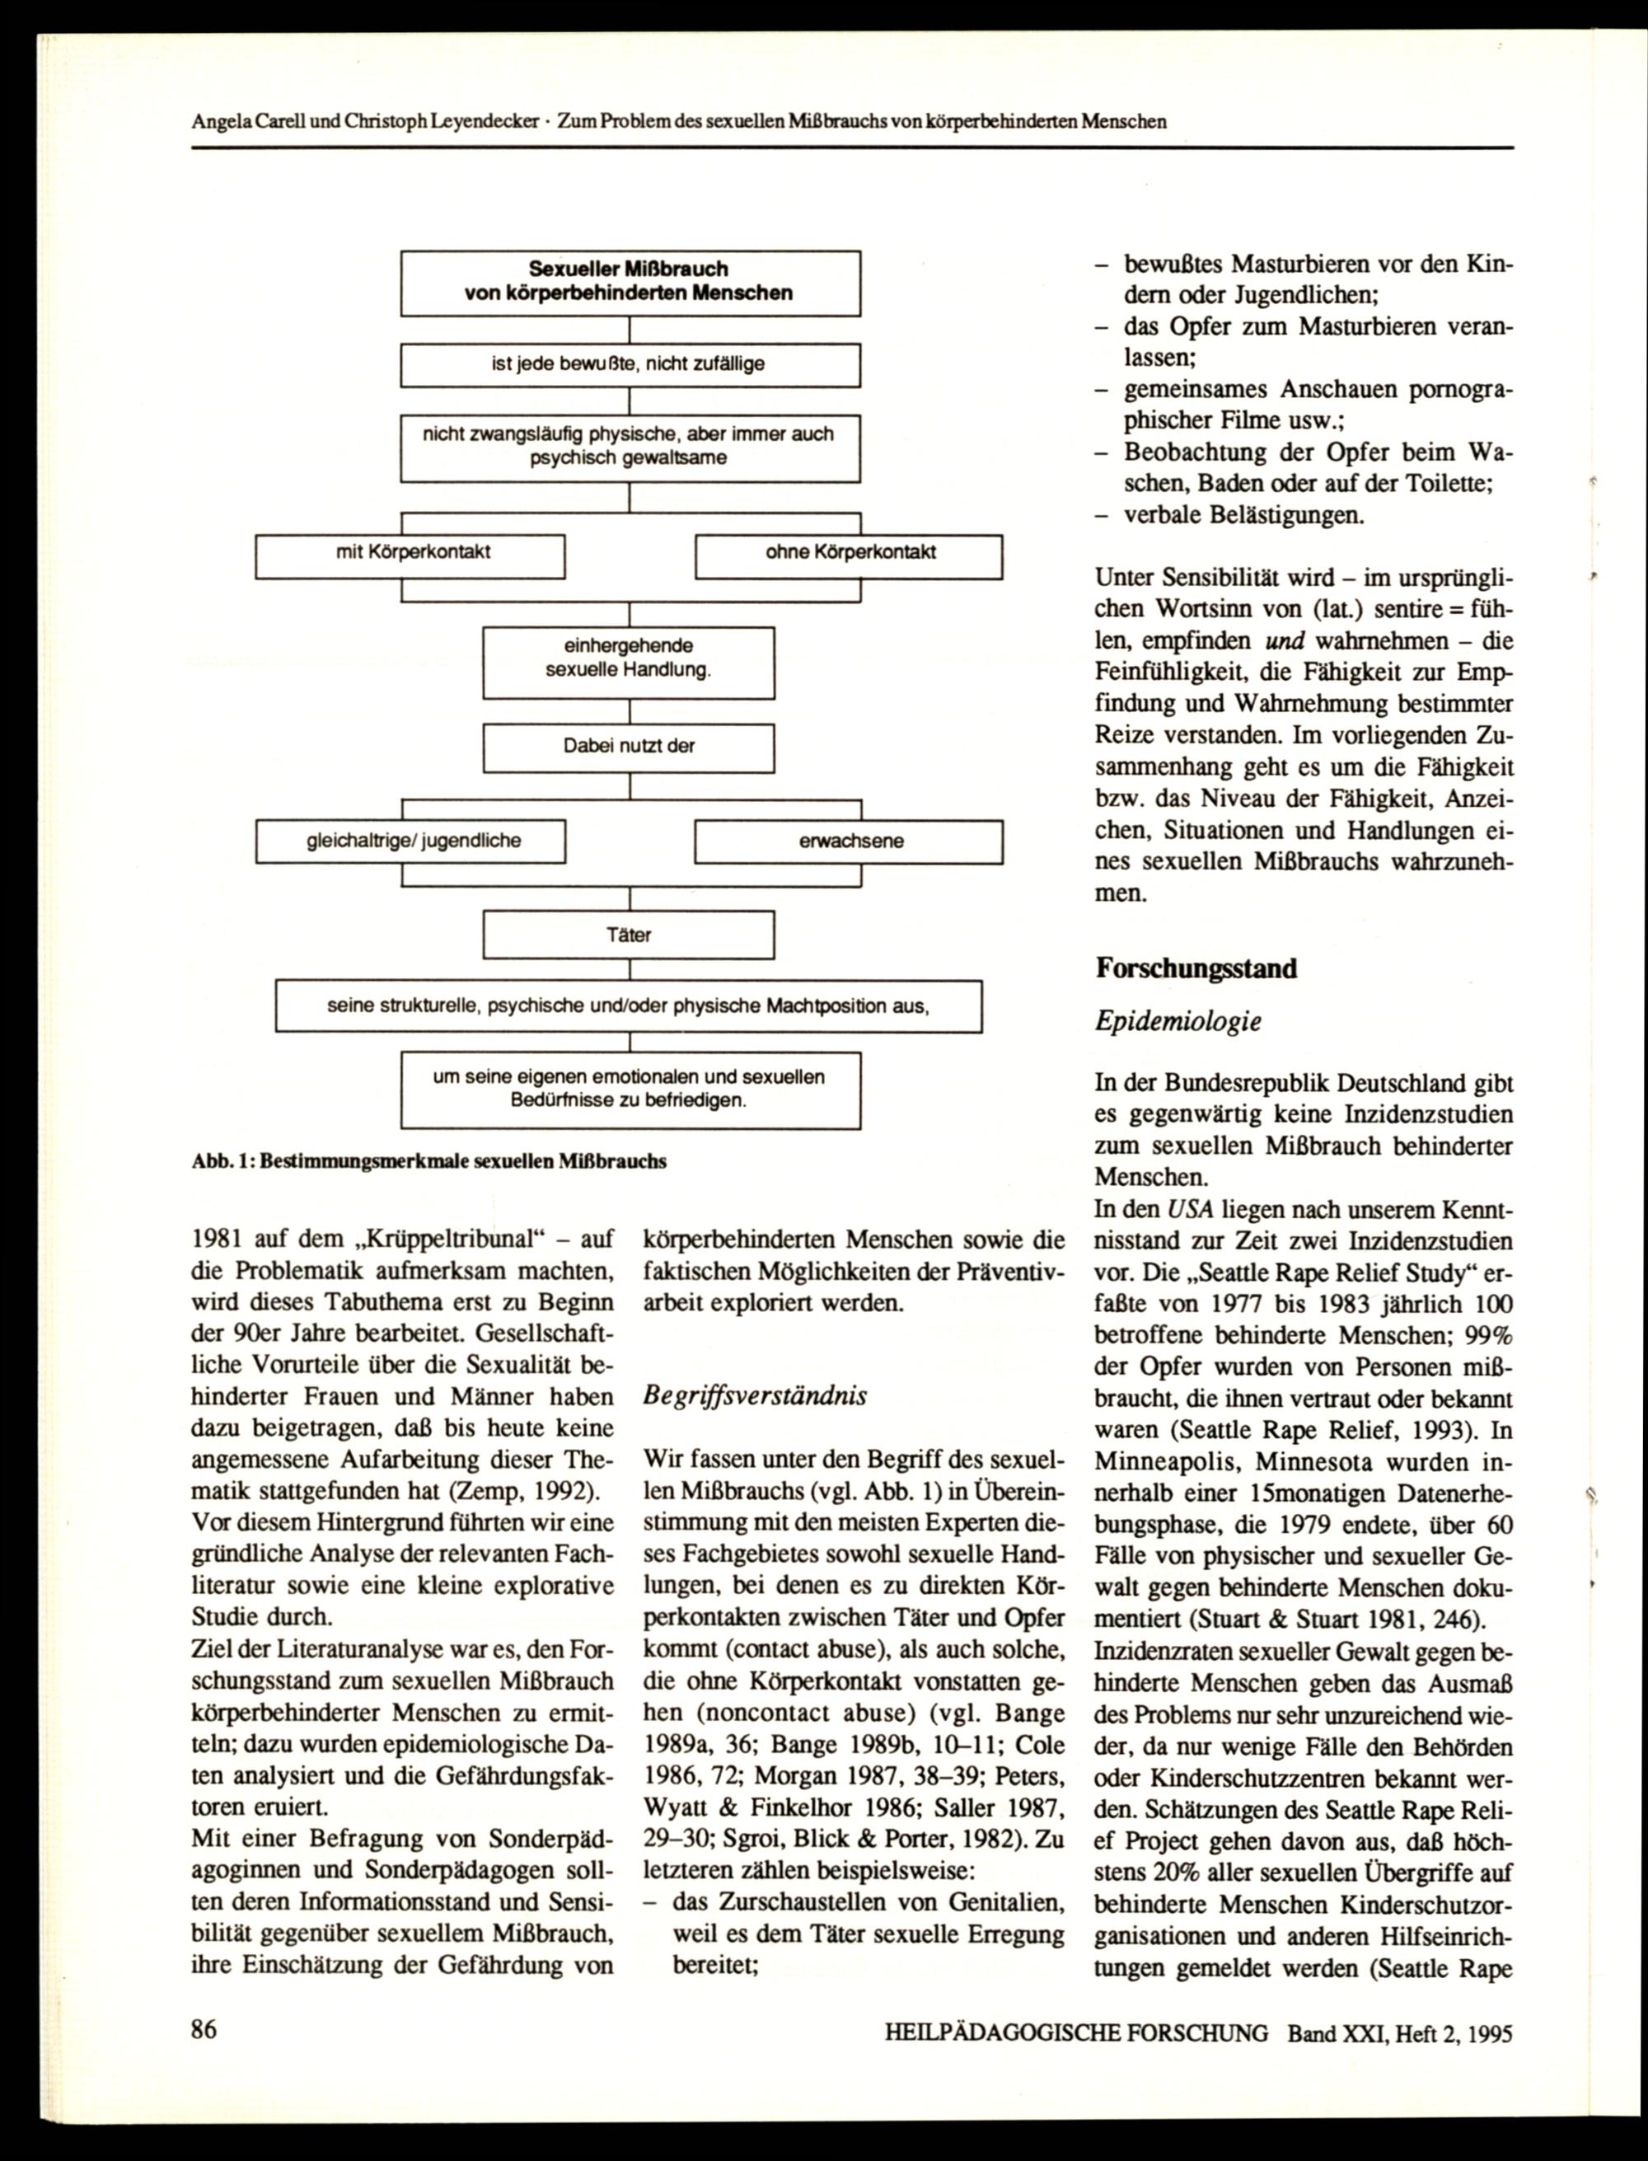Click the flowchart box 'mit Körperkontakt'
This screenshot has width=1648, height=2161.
[x=410, y=556]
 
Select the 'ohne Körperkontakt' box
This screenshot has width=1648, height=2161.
[x=849, y=556]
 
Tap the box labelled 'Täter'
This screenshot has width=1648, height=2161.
[x=628, y=934]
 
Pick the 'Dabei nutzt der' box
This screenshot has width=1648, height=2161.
[x=628, y=748]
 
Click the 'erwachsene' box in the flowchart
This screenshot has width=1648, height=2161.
[x=849, y=841]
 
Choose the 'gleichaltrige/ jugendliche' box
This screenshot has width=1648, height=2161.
[x=411, y=841]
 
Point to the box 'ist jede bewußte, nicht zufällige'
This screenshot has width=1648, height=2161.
[x=629, y=365]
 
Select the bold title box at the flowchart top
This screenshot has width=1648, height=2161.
[x=629, y=282]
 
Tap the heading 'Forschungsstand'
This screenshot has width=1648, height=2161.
[x=1196, y=969]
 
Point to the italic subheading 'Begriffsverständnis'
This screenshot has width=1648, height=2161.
[x=754, y=1396]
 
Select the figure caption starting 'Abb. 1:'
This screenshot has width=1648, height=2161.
[x=428, y=1161]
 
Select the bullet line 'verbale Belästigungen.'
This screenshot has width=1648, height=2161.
[x=1243, y=515]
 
